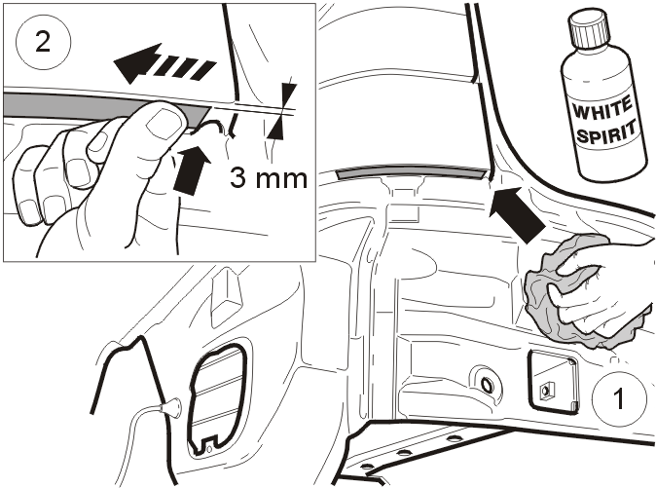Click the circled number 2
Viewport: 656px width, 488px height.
point(43,42)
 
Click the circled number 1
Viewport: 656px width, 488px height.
point(618,398)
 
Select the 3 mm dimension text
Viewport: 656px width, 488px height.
point(269,178)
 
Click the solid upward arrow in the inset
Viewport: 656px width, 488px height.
point(191,168)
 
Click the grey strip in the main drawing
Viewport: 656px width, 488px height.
point(412,172)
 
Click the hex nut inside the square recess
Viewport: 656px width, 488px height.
point(546,393)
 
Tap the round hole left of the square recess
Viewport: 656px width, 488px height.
point(486,383)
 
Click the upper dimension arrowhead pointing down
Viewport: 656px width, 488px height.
point(289,93)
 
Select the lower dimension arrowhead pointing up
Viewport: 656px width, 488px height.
point(274,129)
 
